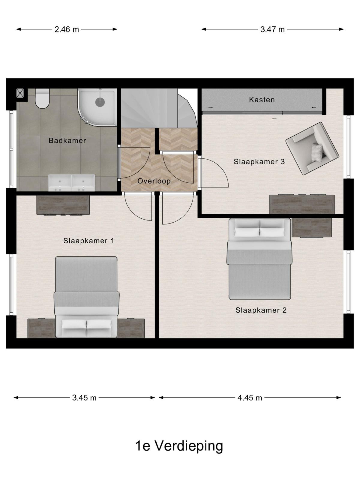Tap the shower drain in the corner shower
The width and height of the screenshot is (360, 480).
tap(100, 102)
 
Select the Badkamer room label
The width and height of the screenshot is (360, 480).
tap(67, 140)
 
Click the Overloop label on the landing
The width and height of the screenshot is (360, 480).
tap(154, 181)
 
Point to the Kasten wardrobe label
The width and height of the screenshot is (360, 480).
tap(262, 100)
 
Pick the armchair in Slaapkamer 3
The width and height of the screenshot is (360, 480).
tap(312, 148)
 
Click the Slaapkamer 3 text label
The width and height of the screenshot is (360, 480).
tap(259, 162)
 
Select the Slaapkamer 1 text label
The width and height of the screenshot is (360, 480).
tap(88, 241)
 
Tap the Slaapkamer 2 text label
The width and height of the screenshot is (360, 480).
tap(261, 310)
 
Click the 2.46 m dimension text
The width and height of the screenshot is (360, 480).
tap(67, 29)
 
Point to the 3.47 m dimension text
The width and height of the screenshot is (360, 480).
tap(272, 29)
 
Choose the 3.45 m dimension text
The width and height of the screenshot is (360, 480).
tap(84, 398)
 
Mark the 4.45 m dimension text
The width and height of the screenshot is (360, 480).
tap(250, 398)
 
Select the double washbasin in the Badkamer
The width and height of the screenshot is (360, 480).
tap(71, 183)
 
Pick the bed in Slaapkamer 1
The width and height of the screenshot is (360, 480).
tap(87, 297)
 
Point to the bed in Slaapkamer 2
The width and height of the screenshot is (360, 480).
tap(259, 259)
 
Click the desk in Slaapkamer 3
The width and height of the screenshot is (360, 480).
tap(302, 204)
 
